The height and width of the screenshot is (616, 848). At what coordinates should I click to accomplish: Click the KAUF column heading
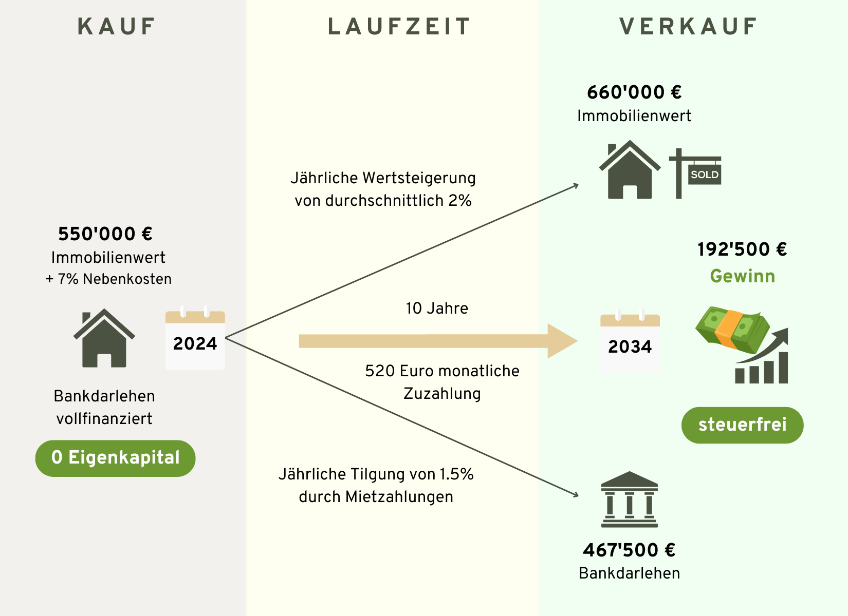(x=116, y=27)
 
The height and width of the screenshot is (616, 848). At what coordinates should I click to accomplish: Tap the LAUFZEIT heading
(x=399, y=27)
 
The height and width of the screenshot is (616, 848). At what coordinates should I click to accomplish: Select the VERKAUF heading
(x=688, y=27)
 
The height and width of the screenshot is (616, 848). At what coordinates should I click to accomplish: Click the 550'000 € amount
(x=105, y=234)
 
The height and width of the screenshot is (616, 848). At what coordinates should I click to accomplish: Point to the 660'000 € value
(x=634, y=92)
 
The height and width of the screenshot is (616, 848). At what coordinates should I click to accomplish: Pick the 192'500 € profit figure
(x=742, y=249)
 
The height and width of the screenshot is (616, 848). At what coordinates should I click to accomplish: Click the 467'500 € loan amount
(x=629, y=550)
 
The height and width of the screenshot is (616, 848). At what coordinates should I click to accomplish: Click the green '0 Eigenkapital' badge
(x=115, y=458)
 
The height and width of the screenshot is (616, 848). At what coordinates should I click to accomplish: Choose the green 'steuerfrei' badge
(x=742, y=425)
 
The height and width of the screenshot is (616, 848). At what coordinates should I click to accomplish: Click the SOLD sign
(x=704, y=175)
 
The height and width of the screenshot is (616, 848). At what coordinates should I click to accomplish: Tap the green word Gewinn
(x=742, y=276)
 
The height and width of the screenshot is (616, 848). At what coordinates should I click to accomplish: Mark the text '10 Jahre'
(x=437, y=308)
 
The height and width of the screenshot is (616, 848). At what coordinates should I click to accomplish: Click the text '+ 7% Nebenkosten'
(x=108, y=279)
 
